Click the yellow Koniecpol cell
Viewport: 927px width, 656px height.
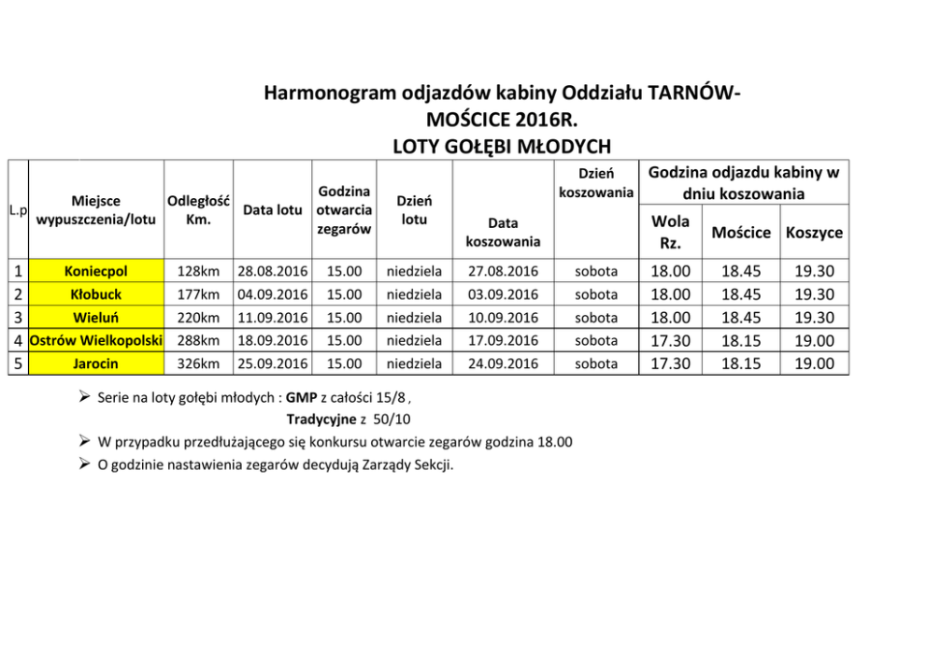96,272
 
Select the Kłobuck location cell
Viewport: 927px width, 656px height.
96,294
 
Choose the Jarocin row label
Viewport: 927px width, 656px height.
96,364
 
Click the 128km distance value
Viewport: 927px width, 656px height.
198,272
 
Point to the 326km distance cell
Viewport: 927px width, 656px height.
198,364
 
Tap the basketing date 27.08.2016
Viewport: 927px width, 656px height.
503,272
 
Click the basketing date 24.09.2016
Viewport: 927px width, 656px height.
503,364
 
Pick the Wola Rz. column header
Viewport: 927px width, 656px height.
670,232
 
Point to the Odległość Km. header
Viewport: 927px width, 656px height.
198,210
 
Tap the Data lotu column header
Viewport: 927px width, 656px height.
273,210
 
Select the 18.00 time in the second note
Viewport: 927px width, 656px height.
555,442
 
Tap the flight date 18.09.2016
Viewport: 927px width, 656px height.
273,340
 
